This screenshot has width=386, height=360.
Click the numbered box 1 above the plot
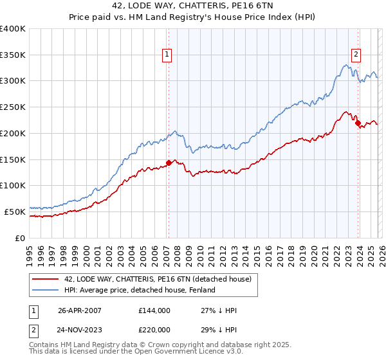(x=167, y=55)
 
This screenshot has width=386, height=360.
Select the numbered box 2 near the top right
(x=356, y=55)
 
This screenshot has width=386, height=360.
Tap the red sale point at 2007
(x=169, y=163)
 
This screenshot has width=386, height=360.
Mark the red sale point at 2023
(x=358, y=123)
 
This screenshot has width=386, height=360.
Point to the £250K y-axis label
(x=13, y=107)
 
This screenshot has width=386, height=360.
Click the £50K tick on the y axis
(x=15, y=211)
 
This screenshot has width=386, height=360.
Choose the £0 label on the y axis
(x=21, y=237)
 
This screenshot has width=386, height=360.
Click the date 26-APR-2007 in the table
(x=80, y=310)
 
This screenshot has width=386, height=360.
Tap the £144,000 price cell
(x=154, y=310)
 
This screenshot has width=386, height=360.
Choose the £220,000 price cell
(x=154, y=330)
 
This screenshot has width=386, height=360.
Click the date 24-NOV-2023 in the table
(x=81, y=330)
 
